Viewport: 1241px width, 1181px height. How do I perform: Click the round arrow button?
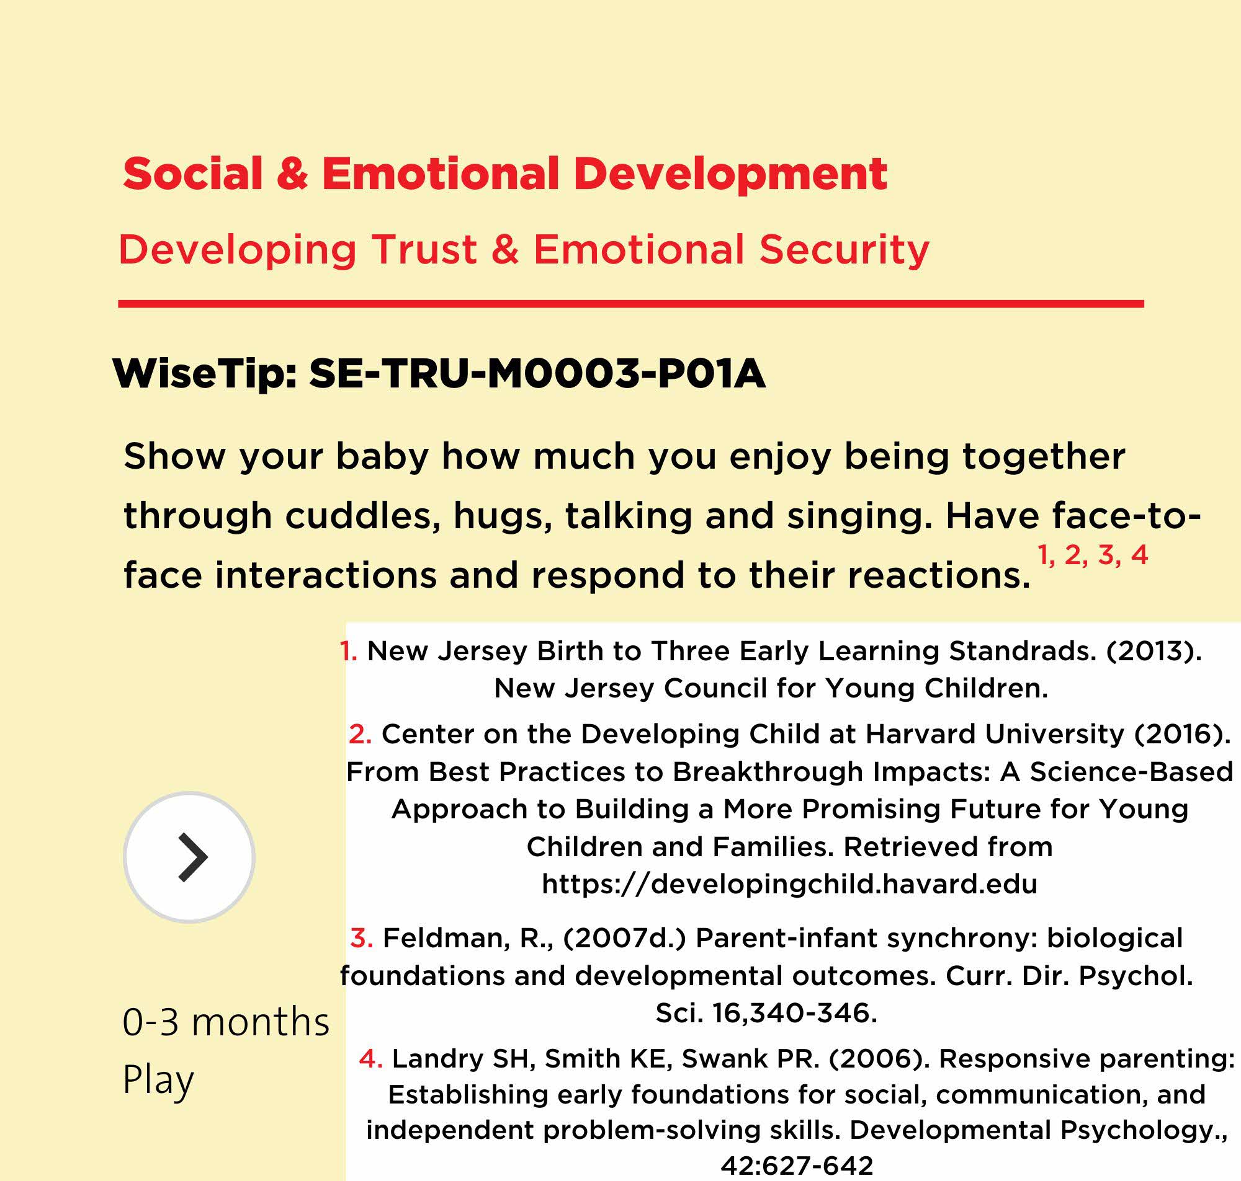click(189, 857)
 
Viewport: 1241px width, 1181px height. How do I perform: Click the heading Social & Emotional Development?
click(504, 174)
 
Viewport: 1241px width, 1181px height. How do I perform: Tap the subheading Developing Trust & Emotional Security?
click(524, 250)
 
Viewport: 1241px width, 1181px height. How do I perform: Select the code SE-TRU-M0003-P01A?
click(537, 374)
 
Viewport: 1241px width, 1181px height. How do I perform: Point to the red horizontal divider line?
click(630, 304)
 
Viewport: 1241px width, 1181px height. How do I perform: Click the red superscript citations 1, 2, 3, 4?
click(1092, 555)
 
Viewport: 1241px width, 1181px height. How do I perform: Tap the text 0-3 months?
click(225, 1022)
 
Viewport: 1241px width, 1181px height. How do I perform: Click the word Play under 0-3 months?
click(158, 1081)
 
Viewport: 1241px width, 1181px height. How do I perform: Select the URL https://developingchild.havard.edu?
click(789, 884)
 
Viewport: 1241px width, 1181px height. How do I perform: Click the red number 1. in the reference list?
click(348, 651)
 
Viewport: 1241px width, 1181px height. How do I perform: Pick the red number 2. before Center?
click(361, 734)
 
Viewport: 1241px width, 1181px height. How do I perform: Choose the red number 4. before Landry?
click(371, 1059)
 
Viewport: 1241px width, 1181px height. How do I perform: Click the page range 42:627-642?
click(797, 1165)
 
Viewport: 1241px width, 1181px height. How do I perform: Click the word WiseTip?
click(205, 374)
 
